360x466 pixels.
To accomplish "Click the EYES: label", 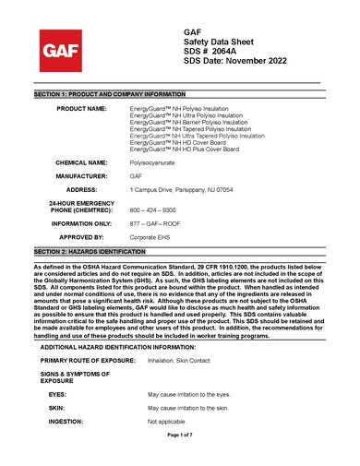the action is [x=57, y=394].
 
